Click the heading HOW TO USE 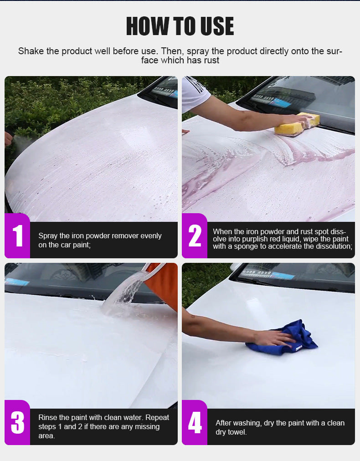(180, 26)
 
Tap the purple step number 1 (17, 236)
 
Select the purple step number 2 (195, 236)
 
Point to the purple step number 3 (17, 423)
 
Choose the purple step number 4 (195, 423)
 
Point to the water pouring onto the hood (125, 292)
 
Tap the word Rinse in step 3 (48, 417)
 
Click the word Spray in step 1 (48, 236)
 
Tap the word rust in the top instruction (211, 61)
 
